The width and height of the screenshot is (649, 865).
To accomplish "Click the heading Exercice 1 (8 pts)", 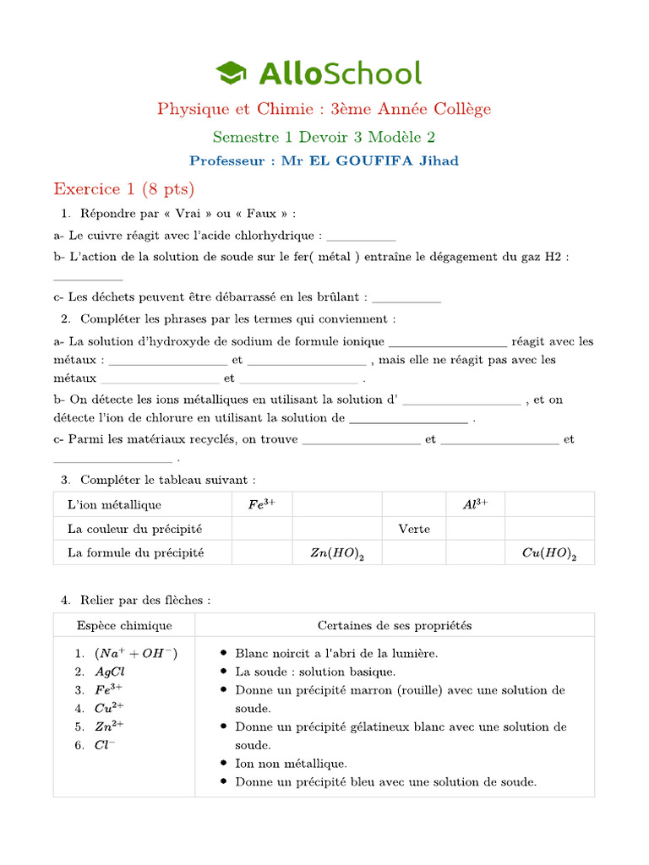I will click(x=123, y=188).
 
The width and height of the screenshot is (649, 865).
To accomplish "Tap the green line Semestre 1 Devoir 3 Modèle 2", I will click(x=324, y=136).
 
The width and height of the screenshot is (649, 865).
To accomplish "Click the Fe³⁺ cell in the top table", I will click(x=262, y=504).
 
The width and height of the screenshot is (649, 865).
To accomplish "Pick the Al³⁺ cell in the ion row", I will click(x=476, y=504).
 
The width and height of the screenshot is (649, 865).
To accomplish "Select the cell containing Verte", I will click(x=414, y=529).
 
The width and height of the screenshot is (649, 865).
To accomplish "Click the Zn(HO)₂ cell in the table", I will click(x=337, y=553).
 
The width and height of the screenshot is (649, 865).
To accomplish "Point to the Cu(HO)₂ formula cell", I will click(x=549, y=553).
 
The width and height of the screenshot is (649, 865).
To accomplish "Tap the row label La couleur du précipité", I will click(x=135, y=529).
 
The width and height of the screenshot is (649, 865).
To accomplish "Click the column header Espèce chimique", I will click(x=124, y=626).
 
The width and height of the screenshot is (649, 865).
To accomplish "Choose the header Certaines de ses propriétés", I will click(x=395, y=626).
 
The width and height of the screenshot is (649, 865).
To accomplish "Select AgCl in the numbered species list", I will click(x=111, y=672).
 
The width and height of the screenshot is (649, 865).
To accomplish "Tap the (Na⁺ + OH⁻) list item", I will click(x=136, y=653).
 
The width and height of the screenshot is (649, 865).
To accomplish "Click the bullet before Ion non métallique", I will click(x=222, y=764).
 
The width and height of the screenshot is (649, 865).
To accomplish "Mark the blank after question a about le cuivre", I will click(x=361, y=237).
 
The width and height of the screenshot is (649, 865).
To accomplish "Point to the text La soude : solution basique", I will click(x=315, y=672).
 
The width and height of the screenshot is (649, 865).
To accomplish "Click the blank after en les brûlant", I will click(x=406, y=297).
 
